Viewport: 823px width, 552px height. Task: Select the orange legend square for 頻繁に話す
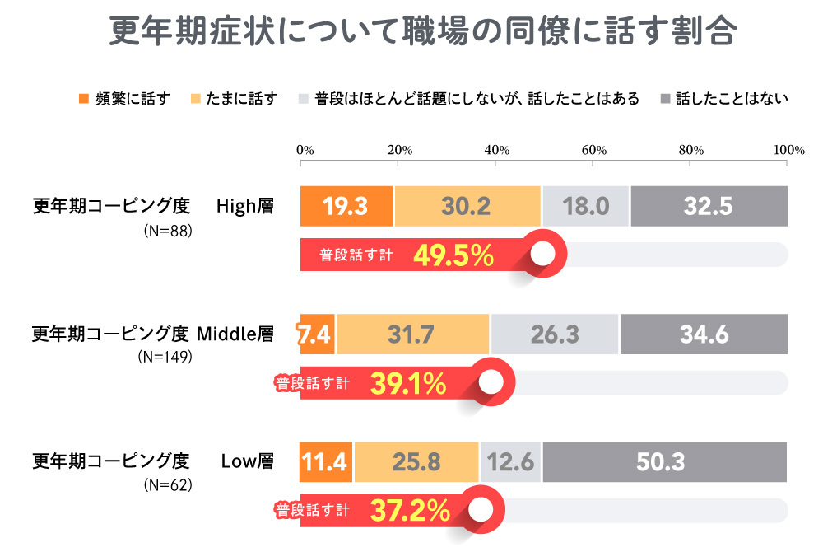pyautogui.click(x=83, y=99)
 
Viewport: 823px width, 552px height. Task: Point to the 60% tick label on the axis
pyautogui.click(x=593, y=151)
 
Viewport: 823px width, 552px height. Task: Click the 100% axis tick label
pyautogui.click(x=788, y=151)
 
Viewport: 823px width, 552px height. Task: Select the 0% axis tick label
pyautogui.click(x=305, y=151)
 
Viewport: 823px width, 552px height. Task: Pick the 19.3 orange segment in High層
pyautogui.click(x=346, y=207)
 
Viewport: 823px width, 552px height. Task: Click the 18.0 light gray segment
pyautogui.click(x=585, y=207)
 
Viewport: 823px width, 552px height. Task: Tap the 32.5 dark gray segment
pyautogui.click(x=709, y=207)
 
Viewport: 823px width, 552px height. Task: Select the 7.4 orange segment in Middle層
pyautogui.click(x=318, y=334)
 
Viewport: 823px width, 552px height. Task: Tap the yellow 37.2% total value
pyautogui.click(x=409, y=511)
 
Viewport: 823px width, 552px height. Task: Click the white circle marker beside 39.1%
pyautogui.click(x=491, y=383)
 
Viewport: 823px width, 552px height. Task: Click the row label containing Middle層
pyautogui.click(x=152, y=334)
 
